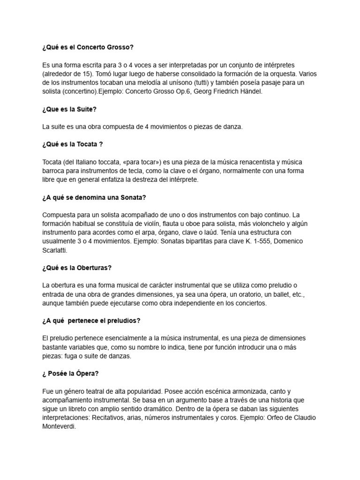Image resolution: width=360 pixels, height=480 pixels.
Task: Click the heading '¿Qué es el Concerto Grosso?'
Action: [88, 47]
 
